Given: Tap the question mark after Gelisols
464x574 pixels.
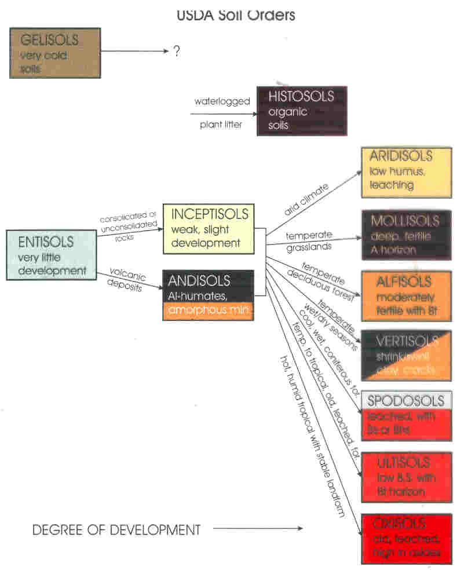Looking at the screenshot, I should tap(176, 51).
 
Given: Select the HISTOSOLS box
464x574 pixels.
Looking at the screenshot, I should tap(302, 111).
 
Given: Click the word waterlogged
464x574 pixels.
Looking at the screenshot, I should tap(222, 101).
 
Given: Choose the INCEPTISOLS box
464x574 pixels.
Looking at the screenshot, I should tap(209, 228).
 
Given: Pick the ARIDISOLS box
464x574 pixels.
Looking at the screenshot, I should tap(406, 172).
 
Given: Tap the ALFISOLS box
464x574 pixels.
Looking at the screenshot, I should tap(406, 296).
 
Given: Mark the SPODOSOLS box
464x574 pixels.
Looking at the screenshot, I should tap(405, 415).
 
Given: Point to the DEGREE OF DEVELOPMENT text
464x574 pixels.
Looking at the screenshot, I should tap(116, 529).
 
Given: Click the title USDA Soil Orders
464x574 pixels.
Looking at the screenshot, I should tap(236, 14).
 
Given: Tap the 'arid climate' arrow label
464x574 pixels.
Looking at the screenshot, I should tap(306, 200).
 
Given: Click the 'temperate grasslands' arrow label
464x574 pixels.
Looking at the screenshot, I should tap(308, 240).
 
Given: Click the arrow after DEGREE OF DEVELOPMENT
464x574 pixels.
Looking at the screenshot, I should tap(257, 528).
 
